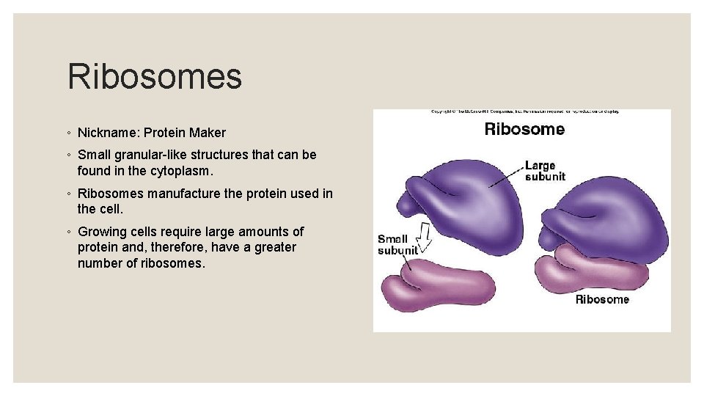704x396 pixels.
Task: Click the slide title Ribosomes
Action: (x=154, y=77)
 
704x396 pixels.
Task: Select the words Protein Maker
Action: (x=185, y=133)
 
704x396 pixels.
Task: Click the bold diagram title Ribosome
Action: (x=524, y=130)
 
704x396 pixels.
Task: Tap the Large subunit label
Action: (x=544, y=171)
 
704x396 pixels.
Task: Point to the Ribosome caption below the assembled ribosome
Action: (x=601, y=299)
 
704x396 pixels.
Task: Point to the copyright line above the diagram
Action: (x=524, y=111)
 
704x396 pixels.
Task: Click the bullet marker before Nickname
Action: (x=69, y=133)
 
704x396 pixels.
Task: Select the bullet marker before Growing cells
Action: (x=69, y=232)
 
